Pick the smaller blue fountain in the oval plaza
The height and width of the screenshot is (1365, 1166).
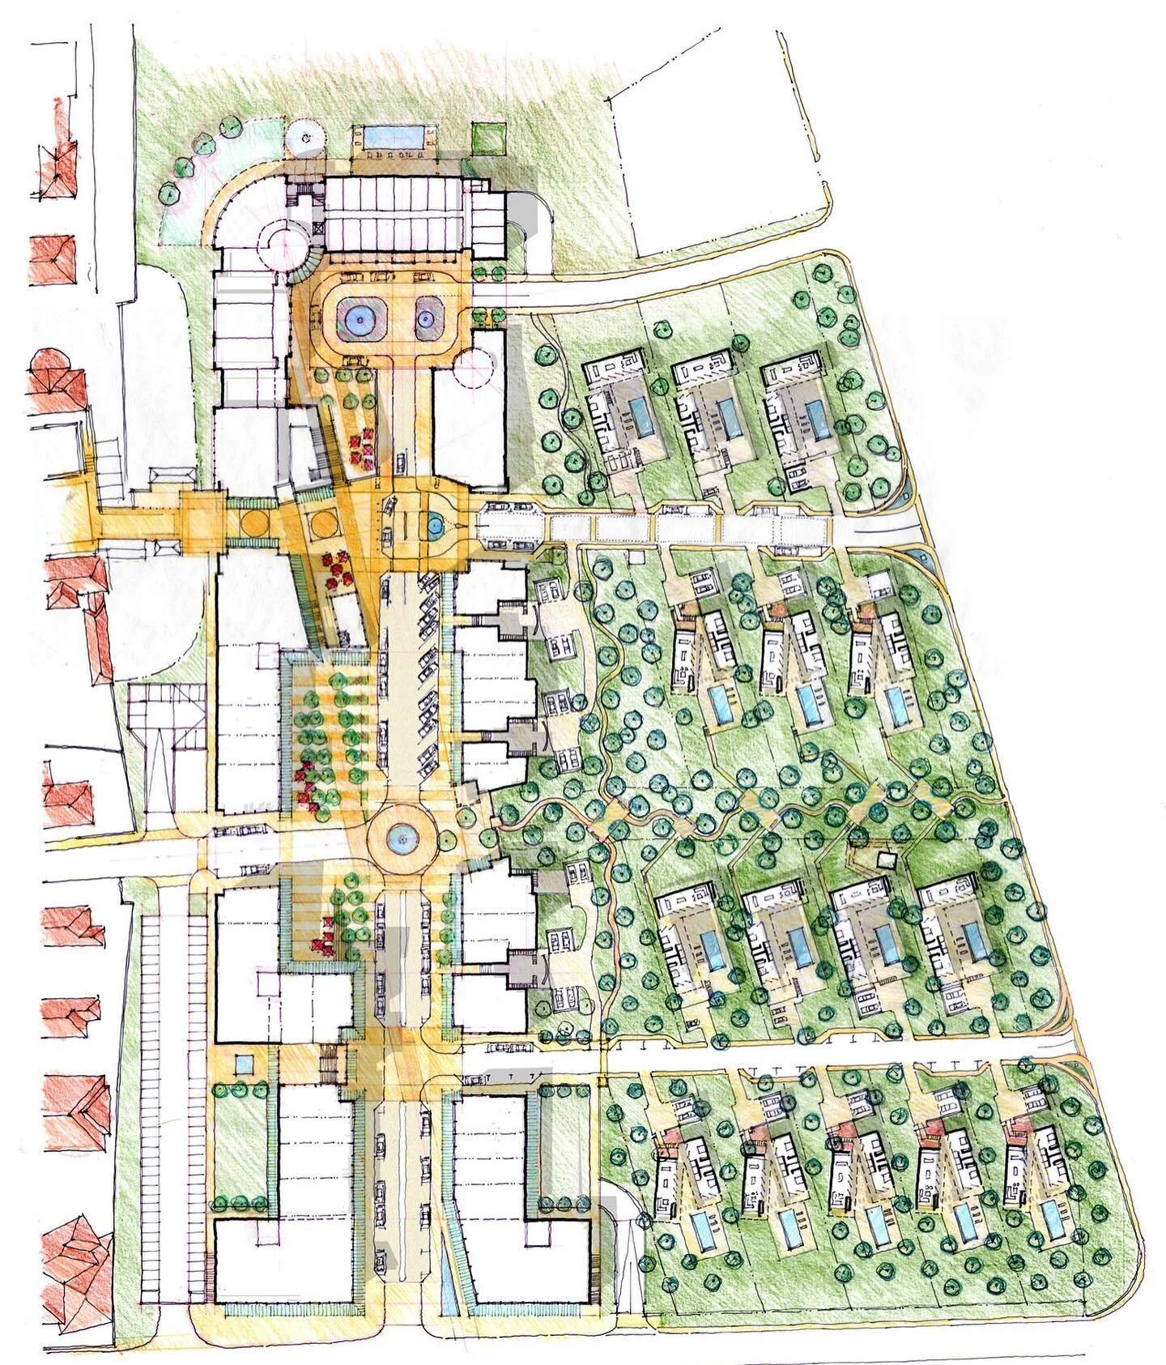click(x=424, y=319)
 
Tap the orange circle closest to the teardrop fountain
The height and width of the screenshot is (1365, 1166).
click(x=321, y=521)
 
